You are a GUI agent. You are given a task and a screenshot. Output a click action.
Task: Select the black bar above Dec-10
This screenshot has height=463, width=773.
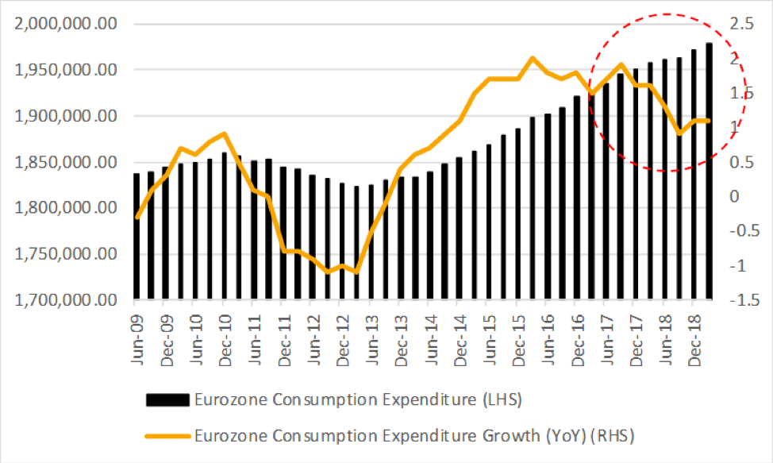point(225,226)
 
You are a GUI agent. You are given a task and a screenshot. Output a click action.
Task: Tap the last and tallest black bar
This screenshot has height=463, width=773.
point(709,172)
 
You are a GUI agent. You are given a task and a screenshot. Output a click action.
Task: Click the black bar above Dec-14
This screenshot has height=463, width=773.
point(460,229)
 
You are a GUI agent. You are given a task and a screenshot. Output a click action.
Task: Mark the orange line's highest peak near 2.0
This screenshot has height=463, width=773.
point(532,58)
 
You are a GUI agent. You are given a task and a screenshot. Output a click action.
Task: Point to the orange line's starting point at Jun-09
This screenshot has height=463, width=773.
point(137,217)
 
